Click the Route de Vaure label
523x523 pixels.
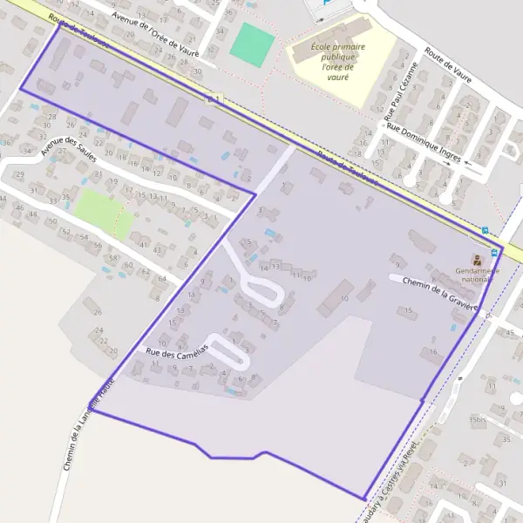coord(448,65)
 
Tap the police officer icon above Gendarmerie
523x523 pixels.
coord(477,260)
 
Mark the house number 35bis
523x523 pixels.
coord(477,420)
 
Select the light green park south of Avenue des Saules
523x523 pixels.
coord(104,213)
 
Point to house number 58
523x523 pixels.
coord(112,257)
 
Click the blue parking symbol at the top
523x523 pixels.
coord(327,3)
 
